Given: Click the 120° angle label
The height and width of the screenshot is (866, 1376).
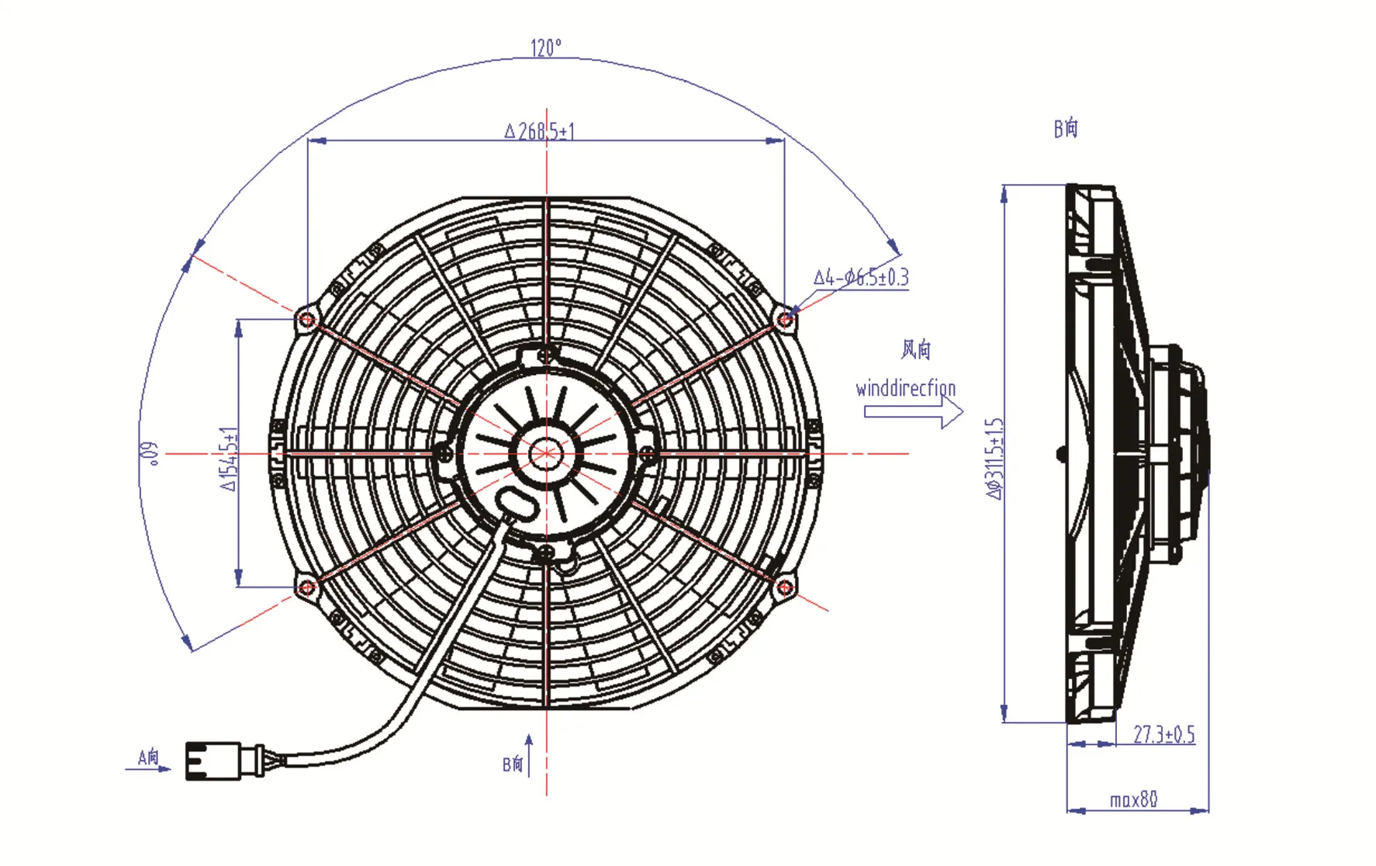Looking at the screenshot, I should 545,48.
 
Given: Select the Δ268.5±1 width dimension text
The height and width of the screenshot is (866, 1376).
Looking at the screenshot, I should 540,130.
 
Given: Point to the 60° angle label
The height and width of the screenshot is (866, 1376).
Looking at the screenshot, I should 149,453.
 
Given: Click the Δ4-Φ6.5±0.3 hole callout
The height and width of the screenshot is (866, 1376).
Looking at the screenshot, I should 861,277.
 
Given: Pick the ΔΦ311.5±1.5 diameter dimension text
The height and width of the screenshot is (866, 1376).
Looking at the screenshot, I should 994,458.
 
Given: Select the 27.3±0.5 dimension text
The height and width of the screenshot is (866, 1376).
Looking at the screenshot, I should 1163,734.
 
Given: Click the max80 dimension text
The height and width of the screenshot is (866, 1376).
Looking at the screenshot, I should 1133,799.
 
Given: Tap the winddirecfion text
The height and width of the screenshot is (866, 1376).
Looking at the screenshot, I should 905,388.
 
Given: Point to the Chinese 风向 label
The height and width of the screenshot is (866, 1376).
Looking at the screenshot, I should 915,350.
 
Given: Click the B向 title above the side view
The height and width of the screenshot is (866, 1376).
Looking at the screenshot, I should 1066,128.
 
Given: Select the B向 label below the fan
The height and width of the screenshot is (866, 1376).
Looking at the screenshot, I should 513,764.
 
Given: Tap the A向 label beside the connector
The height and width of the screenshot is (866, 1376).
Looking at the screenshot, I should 148,757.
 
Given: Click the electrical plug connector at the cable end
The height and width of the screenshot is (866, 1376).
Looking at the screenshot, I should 213,760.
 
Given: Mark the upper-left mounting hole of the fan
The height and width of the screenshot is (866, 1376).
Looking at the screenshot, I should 307,320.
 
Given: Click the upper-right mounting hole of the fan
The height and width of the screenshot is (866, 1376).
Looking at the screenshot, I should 785,319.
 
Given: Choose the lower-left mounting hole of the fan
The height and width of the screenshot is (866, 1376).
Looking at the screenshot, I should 307,587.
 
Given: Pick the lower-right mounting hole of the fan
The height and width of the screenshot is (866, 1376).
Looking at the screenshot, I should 785,587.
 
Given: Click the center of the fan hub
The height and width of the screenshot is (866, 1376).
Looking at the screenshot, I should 546,453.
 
